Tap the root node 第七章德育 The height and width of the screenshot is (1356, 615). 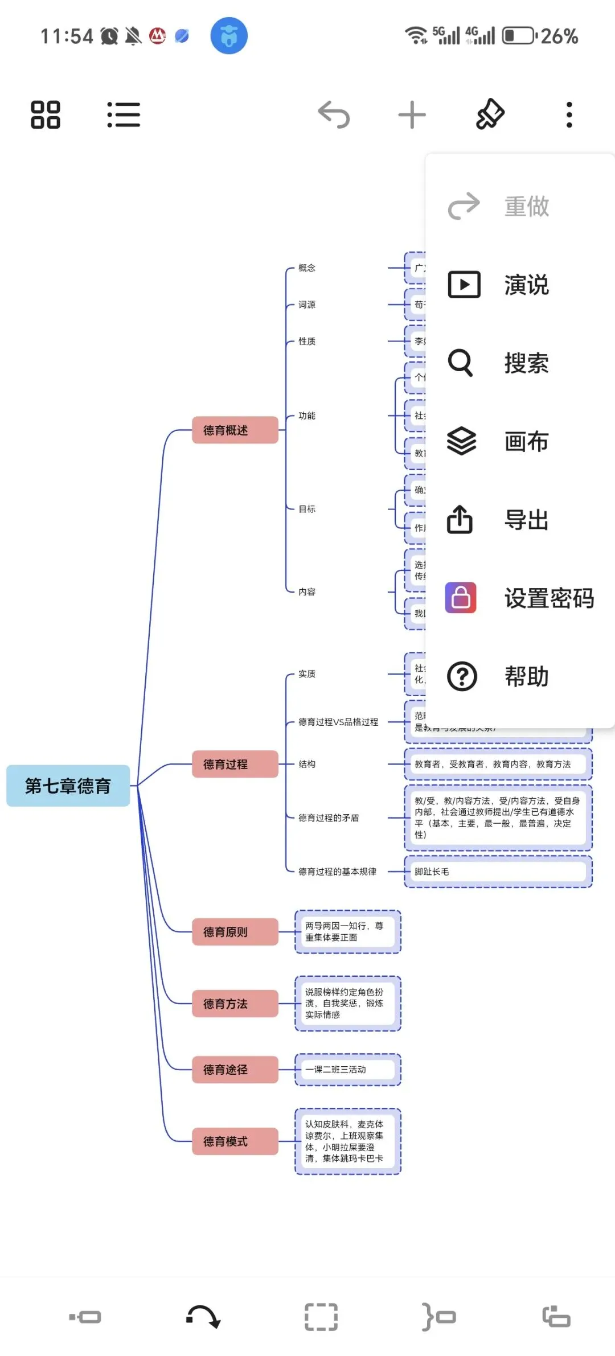click(68, 786)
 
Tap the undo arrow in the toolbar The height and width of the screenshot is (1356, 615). click(334, 114)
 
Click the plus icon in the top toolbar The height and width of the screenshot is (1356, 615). click(412, 115)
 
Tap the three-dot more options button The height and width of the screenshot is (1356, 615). click(569, 115)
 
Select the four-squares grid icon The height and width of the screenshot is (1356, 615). click(46, 114)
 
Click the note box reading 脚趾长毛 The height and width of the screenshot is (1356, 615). click(498, 872)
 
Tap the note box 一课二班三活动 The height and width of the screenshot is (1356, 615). click(347, 1070)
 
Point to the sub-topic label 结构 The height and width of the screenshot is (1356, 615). click(307, 764)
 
